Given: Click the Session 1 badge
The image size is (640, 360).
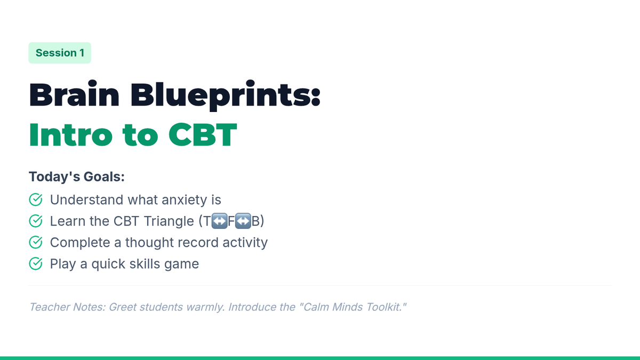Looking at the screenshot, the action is (x=60, y=53).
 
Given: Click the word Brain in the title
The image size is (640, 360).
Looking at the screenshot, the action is (x=74, y=94).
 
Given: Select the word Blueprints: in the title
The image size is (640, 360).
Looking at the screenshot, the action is (x=226, y=95).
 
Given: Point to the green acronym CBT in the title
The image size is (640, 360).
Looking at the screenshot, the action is (x=203, y=135).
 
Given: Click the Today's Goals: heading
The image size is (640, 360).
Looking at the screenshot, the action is (x=77, y=177).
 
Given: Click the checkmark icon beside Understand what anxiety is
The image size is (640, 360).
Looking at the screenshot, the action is (x=36, y=199).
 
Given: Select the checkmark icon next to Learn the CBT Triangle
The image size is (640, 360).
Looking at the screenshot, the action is (x=36, y=221).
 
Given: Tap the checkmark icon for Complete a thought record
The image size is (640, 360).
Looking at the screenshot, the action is (x=36, y=242).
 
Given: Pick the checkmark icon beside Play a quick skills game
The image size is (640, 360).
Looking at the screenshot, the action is (x=36, y=263).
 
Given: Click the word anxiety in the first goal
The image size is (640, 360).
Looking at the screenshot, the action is (x=185, y=200).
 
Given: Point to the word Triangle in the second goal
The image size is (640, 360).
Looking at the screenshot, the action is (x=169, y=221).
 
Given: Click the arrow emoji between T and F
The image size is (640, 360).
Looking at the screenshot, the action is (x=219, y=221).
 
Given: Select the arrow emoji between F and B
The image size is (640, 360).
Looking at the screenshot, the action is (x=243, y=221).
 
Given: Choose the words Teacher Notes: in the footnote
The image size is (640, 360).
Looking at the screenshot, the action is (x=68, y=307).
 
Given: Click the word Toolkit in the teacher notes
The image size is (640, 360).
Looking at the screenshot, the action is (x=385, y=307).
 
